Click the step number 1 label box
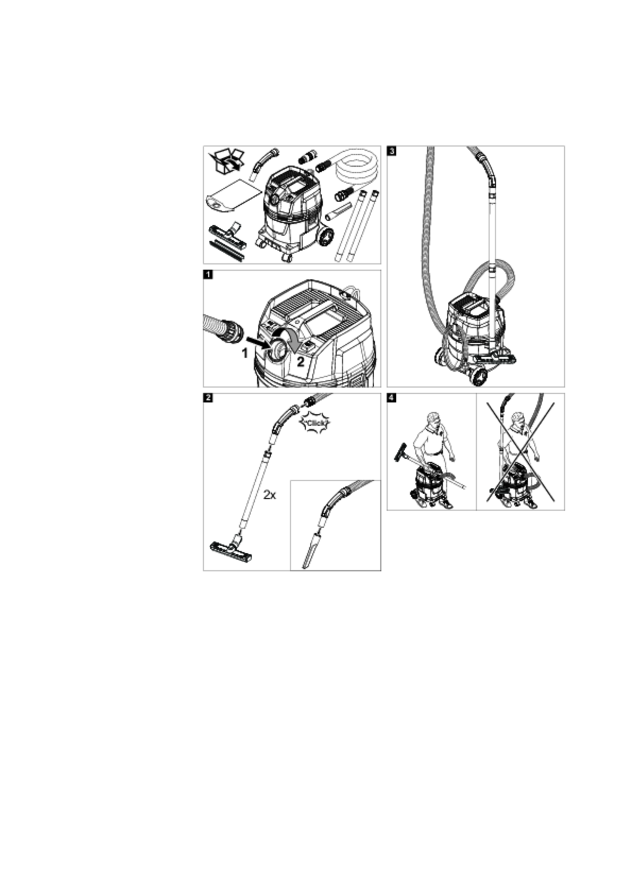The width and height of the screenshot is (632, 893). point(208,275)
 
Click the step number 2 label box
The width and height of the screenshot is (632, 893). point(208,398)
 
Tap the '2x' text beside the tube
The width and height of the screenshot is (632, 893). point(270,495)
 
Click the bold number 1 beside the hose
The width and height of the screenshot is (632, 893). point(245,353)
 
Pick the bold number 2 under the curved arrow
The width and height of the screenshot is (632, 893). point(301,362)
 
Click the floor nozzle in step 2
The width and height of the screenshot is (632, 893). point(231,550)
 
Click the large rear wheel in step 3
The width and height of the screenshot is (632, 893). point(478,377)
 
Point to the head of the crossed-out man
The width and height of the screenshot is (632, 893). point(518,419)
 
